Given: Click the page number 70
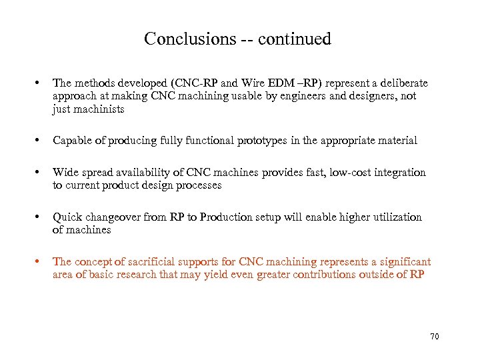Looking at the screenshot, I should pyautogui.click(x=435, y=337).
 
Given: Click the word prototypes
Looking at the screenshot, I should pyautogui.click(x=236, y=141).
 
